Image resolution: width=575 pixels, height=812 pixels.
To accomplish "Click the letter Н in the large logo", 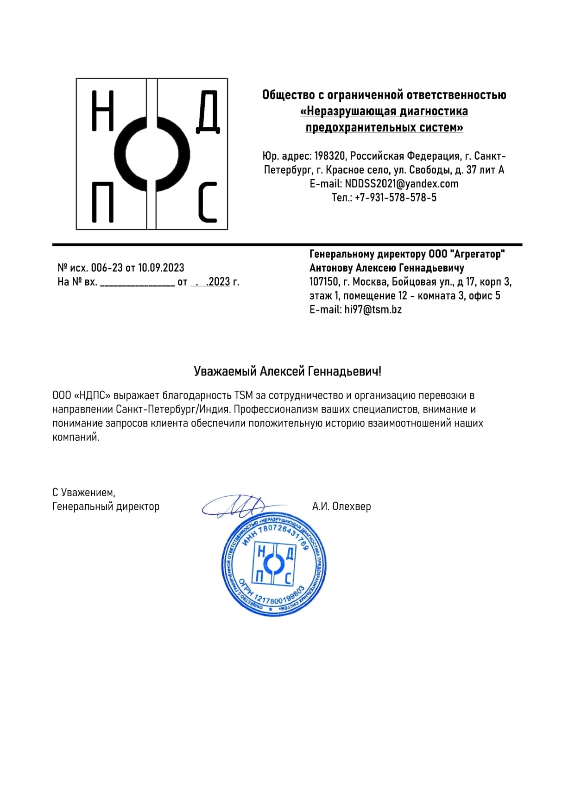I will (102, 111).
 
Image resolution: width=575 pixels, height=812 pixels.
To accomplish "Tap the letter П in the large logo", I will (102, 202).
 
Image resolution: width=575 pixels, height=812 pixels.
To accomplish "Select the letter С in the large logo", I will (208, 202).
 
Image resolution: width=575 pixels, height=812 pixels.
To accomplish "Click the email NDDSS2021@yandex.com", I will (401, 184).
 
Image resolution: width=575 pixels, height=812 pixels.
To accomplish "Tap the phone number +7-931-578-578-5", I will (395, 198).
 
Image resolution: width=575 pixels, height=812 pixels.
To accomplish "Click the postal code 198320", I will (329, 156).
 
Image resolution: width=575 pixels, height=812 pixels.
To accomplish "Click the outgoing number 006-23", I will (107, 268).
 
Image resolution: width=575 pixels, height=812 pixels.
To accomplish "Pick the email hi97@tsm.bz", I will (373, 310).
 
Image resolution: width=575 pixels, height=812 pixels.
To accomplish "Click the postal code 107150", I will (325, 282).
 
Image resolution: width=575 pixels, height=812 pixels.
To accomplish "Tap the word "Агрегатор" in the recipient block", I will (477, 254).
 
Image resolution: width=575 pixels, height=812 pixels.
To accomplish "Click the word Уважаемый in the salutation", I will (225, 371).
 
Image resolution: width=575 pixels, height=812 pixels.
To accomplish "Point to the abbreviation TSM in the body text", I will (243, 396).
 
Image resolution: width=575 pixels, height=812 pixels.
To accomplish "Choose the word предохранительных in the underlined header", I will (352, 127).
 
